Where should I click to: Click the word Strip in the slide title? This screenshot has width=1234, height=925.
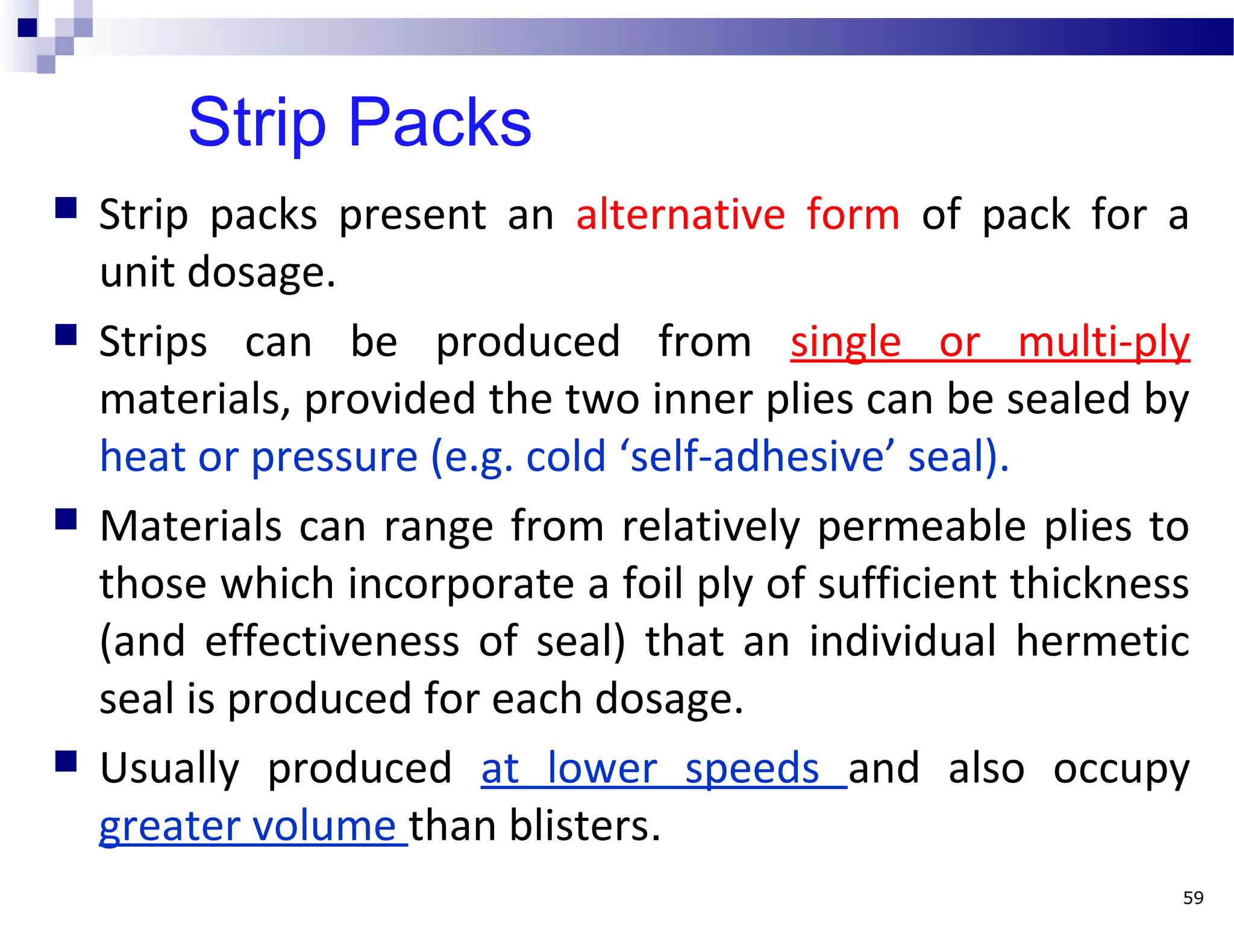pos(257,123)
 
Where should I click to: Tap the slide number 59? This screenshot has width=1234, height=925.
pos(1193,898)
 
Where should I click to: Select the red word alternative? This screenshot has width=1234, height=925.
pos(680,215)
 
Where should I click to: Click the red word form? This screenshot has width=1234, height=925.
pos(853,215)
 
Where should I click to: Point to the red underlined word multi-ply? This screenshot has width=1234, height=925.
pos(1103,343)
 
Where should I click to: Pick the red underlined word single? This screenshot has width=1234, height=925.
pos(845,343)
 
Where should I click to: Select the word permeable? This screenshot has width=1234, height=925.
pos(921,527)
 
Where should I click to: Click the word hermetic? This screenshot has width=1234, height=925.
pos(1102,641)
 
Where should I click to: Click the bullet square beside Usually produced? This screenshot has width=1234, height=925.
pos(66,761)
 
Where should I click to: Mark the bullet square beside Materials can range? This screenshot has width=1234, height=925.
pos(66,519)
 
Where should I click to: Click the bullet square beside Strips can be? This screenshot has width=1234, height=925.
pos(66,335)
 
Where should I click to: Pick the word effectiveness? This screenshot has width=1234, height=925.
pos(332,641)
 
